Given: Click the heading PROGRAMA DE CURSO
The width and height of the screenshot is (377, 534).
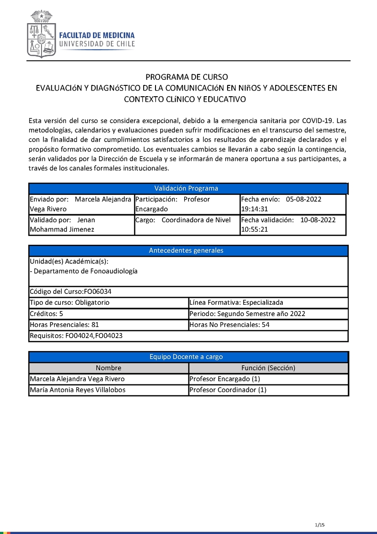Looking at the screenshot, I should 187,77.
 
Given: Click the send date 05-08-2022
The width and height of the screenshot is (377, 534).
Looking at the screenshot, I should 303,199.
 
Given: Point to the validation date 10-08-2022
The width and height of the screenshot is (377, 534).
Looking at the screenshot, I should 318,220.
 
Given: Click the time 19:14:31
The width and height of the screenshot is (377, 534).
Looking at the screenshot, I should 254,209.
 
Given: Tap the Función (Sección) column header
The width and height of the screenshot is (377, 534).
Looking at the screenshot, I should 268,368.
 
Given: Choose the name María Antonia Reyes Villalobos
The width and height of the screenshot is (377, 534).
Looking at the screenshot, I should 77,390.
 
